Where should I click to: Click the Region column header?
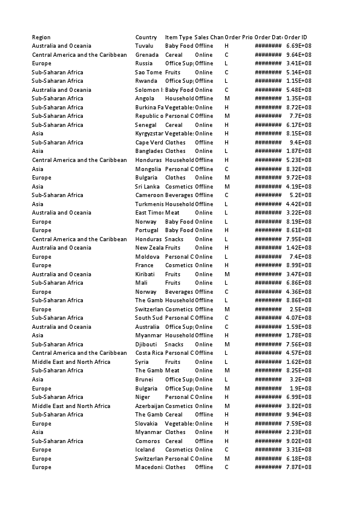(x=41, y=37)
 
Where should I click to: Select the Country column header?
(x=146, y=37)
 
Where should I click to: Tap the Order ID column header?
(x=295, y=37)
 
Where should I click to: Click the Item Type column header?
(x=178, y=37)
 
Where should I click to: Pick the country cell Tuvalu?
(x=145, y=46)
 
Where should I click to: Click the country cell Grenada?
(x=147, y=55)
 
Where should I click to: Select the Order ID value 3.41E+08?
(x=298, y=63)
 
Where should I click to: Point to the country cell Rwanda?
(x=146, y=81)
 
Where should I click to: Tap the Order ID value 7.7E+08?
(x=301, y=116)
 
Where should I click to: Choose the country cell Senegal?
(x=146, y=125)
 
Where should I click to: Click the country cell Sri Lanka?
(x=147, y=187)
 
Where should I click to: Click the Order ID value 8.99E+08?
(x=298, y=265)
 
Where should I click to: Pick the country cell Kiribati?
(x=146, y=274)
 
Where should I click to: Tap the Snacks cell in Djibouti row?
(x=174, y=345)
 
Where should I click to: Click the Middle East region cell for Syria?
(x=71, y=362)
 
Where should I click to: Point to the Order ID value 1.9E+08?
(x=301, y=389)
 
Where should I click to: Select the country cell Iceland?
(x=145, y=450)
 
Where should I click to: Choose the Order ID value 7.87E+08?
(x=298, y=467)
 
